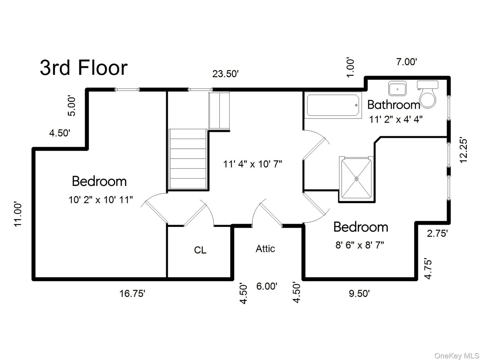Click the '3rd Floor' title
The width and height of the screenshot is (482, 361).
pos(84,68)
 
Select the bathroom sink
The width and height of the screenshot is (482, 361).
pos(397,89)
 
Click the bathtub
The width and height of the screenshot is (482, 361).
pos(333,105)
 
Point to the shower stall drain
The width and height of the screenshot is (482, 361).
pos(356,178)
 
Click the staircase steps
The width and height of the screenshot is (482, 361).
pos(188,159)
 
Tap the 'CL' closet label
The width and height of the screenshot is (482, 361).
pos(200,250)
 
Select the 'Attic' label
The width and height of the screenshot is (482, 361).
pos(265,249)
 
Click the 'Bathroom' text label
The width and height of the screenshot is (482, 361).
pos(394,105)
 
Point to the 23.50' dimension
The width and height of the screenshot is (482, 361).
pos(225,74)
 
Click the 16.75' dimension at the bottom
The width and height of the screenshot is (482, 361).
pos(132,294)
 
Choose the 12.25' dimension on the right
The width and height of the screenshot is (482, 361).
pos(463,150)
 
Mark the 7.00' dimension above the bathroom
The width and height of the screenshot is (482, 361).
pos(407,62)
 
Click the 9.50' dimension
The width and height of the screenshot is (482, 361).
pos(359,294)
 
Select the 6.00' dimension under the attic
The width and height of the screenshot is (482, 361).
pos(267,286)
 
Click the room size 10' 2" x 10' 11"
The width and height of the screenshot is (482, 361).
pos(101,200)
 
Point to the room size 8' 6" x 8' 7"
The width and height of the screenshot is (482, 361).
pos(359,245)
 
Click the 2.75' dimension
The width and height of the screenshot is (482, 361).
pos(437,233)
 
